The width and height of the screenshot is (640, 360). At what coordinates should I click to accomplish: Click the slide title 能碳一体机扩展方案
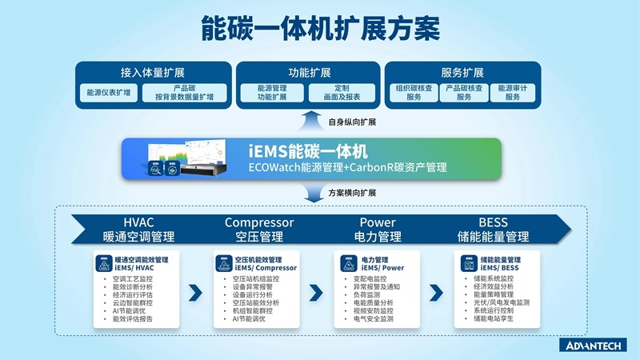(319, 29)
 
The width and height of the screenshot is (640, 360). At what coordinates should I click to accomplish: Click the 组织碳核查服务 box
(414, 93)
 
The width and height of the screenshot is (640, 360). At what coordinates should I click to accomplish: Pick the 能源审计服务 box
(512, 93)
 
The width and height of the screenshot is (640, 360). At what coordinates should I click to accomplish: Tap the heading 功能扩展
(309, 72)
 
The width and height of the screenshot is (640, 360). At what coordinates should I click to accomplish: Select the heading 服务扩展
(462, 72)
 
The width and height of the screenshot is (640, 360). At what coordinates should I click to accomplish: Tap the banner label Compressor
(259, 222)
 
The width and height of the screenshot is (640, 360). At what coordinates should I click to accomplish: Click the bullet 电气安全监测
(374, 318)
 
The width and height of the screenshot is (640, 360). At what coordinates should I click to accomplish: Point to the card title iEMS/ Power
(382, 268)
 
